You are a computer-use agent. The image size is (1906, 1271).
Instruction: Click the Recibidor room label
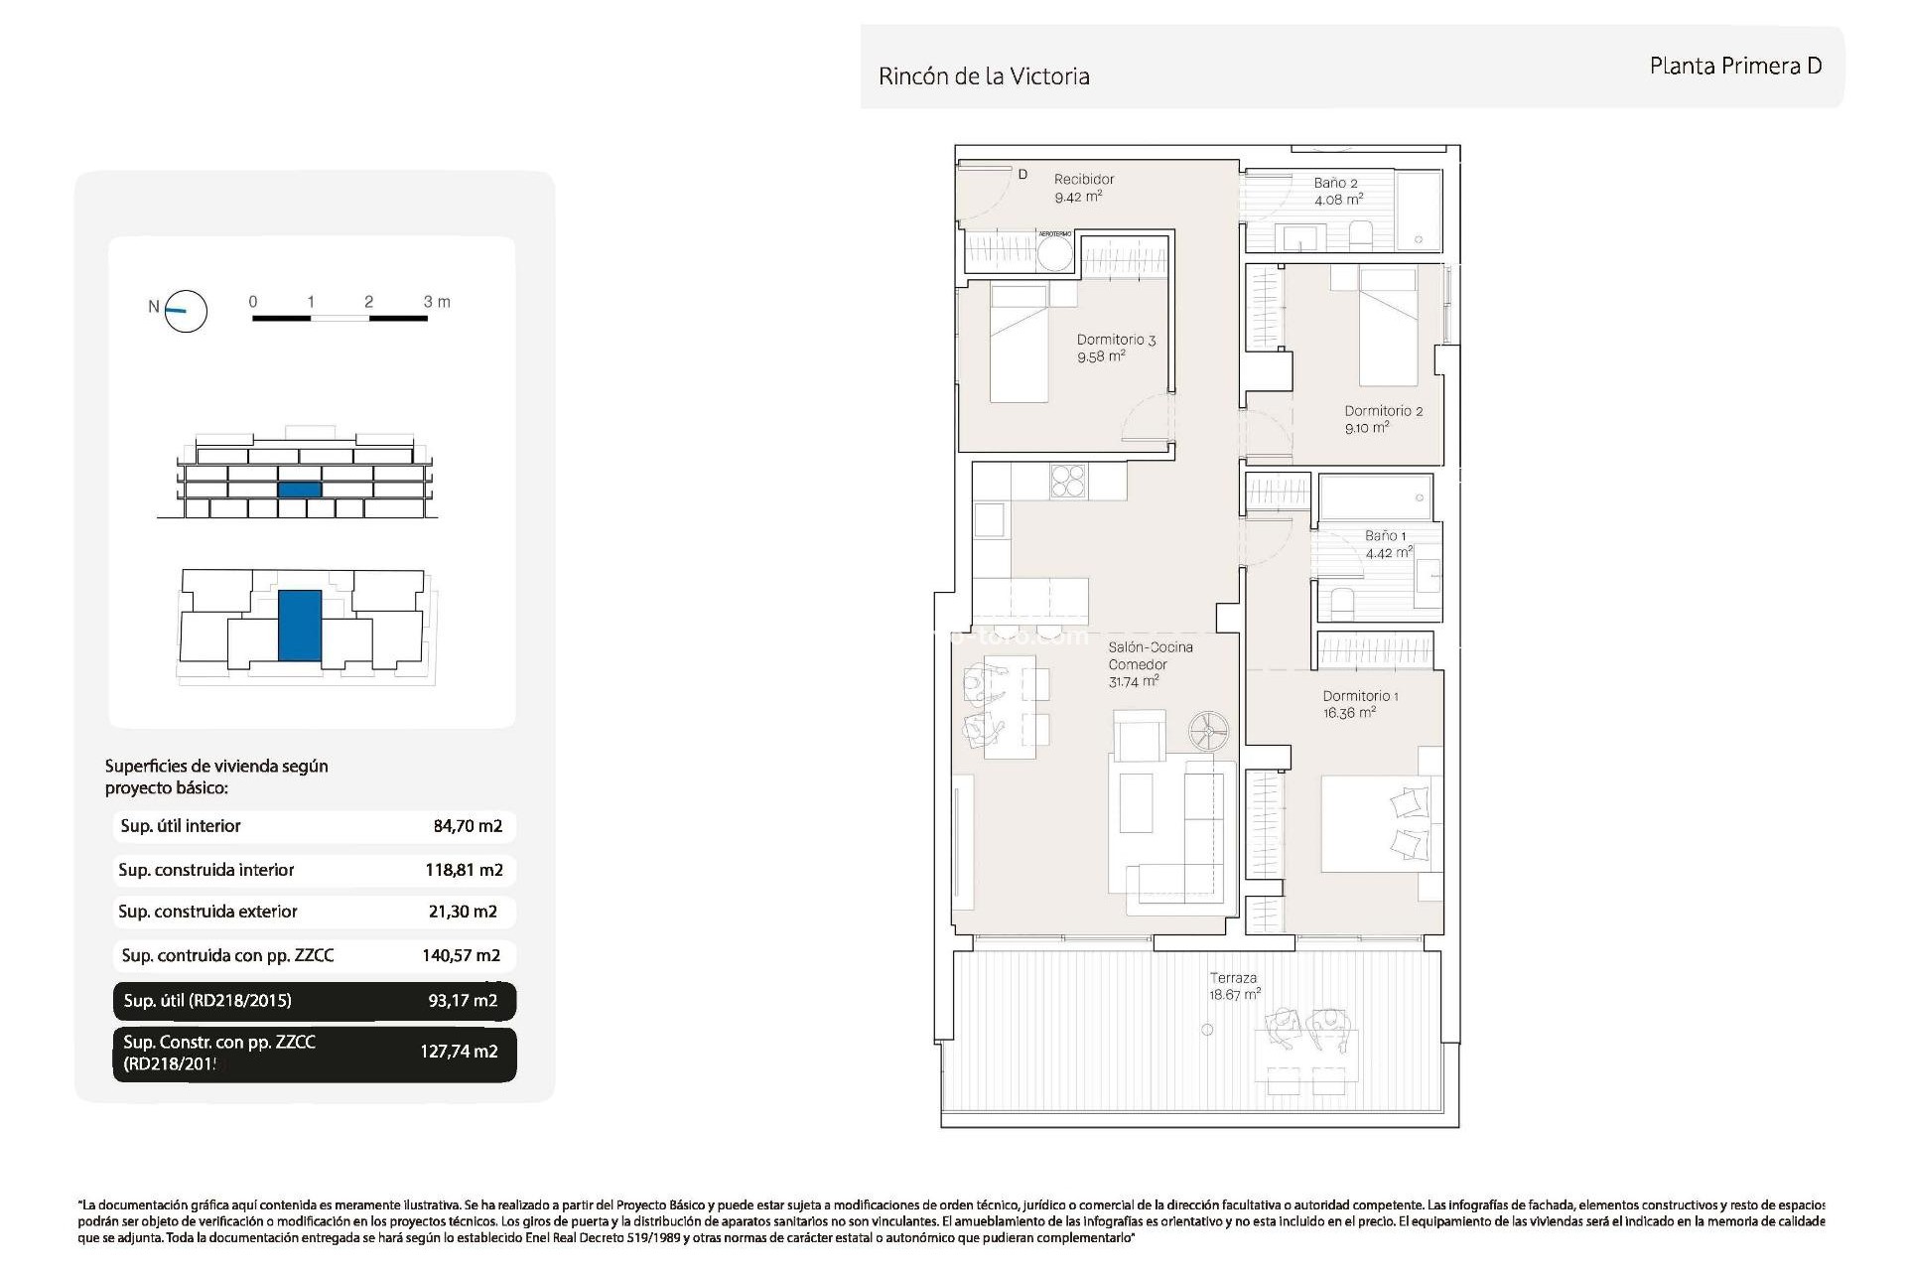tap(1084, 180)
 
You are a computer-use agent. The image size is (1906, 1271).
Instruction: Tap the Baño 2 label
tap(1335, 183)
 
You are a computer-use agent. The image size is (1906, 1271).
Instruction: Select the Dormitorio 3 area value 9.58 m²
tap(1101, 357)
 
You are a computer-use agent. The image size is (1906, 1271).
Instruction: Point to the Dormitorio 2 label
tap(1383, 411)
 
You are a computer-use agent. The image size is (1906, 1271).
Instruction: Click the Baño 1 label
tap(1385, 536)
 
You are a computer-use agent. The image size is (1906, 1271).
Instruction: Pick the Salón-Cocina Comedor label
tap(1151, 656)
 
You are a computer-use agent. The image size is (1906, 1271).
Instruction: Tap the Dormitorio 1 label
tap(1360, 696)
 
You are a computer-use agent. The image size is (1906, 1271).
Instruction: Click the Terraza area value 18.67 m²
tap(1235, 995)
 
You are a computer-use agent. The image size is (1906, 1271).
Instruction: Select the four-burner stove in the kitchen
tap(1069, 482)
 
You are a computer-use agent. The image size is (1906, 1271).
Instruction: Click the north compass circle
tap(186, 312)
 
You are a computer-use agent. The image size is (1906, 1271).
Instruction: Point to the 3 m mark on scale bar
tap(436, 302)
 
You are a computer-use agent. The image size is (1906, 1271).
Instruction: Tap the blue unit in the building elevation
tap(299, 490)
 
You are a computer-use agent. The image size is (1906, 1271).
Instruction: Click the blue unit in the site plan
tap(299, 626)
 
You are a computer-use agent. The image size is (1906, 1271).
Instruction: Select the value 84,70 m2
tap(468, 826)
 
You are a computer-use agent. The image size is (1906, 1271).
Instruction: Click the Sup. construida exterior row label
tap(207, 912)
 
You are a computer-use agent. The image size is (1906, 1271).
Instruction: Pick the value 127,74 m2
tap(459, 1052)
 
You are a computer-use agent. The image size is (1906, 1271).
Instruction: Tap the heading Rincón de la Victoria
tap(984, 76)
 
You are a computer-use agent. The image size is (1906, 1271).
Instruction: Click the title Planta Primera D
tap(1735, 67)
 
